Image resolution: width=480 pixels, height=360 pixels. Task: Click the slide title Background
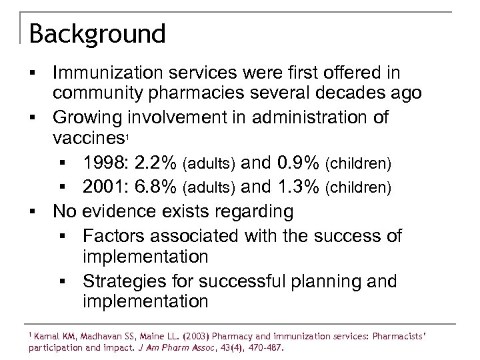[x=97, y=33]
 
